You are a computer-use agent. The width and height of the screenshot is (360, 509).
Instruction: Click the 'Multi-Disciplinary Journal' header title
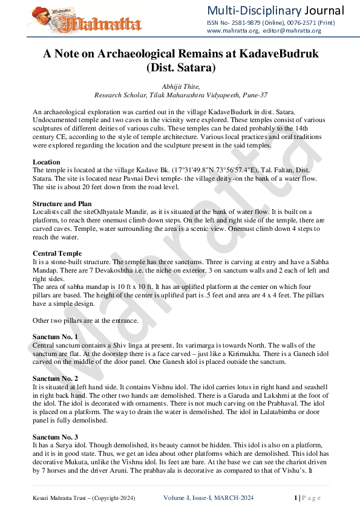(275, 10)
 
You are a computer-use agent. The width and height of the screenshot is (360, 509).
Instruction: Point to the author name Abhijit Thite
(181, 87)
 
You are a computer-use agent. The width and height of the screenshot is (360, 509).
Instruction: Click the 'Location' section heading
(46, 162)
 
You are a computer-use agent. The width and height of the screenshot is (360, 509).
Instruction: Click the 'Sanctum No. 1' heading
(55, 336)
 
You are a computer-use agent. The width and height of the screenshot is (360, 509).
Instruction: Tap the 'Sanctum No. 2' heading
(55, 377)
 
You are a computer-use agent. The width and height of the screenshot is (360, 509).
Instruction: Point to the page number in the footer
(296, 498)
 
